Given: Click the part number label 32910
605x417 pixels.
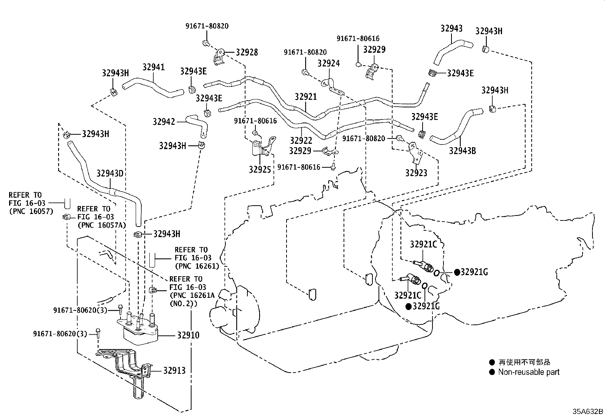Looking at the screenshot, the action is click(188, 335).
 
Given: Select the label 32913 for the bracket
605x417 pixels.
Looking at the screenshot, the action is click(174, 371).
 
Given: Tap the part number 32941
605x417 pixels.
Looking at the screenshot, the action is click(154, 67).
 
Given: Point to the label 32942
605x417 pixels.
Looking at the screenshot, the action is click(164, 122).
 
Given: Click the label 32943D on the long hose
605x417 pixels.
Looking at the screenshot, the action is click(110, 173).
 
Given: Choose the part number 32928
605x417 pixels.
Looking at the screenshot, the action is click(247, 52).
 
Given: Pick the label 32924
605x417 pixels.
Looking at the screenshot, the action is click(329, 63).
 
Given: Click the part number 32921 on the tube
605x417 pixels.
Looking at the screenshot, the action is click(306, 96).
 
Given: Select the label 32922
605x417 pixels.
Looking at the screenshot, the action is click(301, 140).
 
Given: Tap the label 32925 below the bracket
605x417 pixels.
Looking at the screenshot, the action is click(260, 169).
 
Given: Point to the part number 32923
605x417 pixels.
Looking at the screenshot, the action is click(416, 173).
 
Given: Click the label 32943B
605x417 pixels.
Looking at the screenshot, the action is click(462, 151).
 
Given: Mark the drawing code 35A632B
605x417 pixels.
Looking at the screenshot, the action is click(588, 411).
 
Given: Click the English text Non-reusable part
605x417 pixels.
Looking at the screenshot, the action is click(529, 372).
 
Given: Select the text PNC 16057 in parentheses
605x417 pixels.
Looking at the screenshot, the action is click(31, 211).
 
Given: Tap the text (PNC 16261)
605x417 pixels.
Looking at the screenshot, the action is click(197, 266).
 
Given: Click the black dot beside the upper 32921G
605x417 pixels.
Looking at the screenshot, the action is click(457, 272).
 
